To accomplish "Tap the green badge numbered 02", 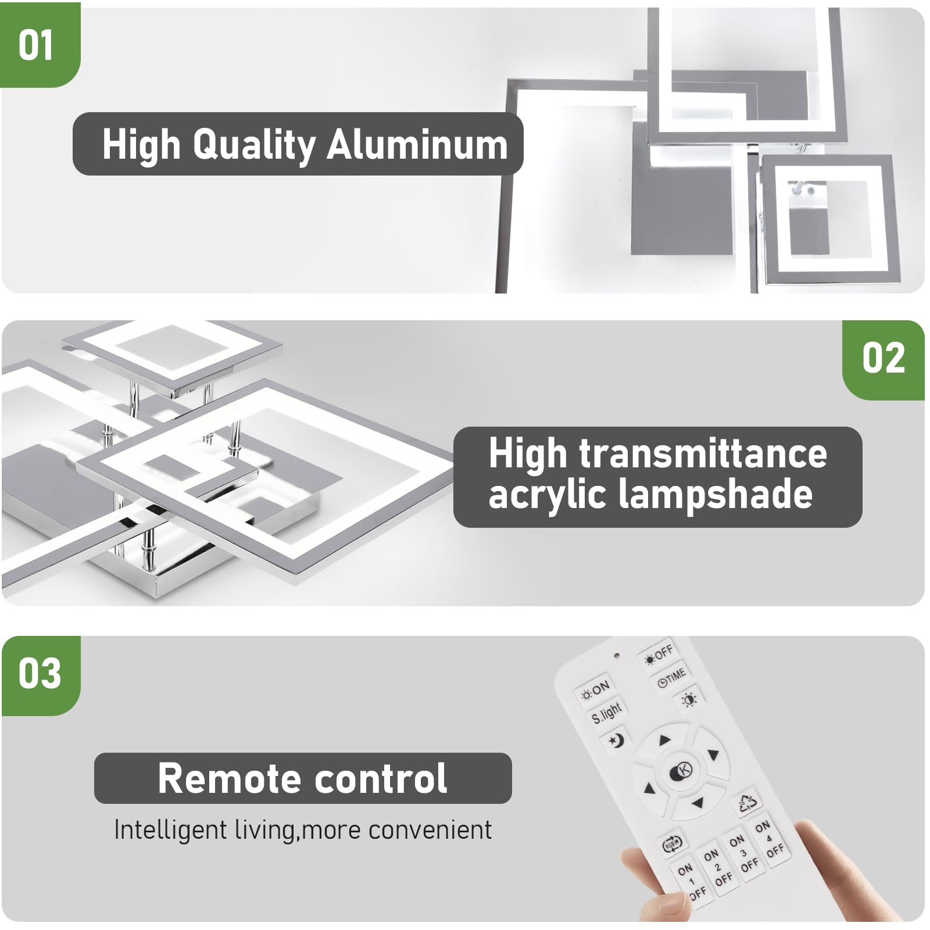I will [x=883, y=359].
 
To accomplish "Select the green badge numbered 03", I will [x=40, y=674].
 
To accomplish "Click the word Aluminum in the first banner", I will [x=417, y=145].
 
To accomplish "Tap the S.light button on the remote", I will [x=607, y=712].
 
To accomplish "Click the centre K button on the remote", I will [x=681, y=771].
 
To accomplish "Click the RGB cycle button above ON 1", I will [x=673, y=843].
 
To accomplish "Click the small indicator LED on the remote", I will [x=617, y=656].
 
